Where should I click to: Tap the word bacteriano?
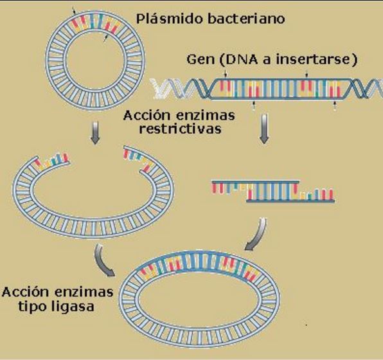(246, 18)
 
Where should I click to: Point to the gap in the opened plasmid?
(96, 157)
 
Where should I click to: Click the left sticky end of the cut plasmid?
(51, 161)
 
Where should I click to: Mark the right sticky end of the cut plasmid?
(138, 158)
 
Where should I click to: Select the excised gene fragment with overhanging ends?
(273, 192)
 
